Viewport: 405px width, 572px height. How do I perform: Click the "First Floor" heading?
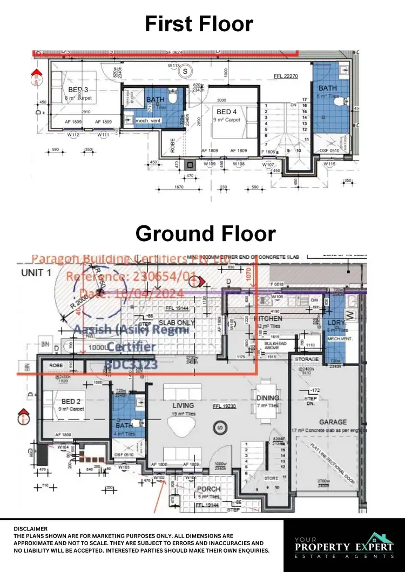point(199,24)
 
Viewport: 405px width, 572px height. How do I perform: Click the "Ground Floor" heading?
point(205,233)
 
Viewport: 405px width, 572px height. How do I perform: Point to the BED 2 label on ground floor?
point(71,402)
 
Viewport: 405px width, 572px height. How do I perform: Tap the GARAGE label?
point(332,422)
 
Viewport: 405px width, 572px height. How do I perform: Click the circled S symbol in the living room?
point(220,429)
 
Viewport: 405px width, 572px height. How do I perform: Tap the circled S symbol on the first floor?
point(185,71)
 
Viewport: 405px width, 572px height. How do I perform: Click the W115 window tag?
point(330,164)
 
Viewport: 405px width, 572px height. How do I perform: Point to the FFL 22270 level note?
point(286,77)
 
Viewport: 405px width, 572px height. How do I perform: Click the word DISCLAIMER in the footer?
point(30,529)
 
